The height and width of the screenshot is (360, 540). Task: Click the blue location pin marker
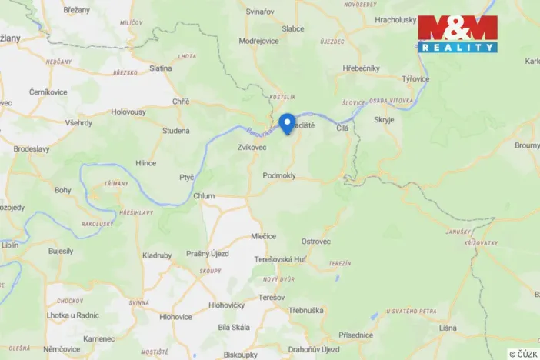pyautogui.click(x=287, y=123)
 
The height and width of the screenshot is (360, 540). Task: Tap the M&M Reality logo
pyautogui.click(x=457, y=34)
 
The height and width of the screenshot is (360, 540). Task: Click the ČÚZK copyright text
pyautogui.click(x=523, y=354)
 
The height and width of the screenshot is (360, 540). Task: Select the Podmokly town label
pyautogui.click(x=279, y=175)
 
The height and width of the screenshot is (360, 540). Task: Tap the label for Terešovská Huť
pyautogui.click(x=280, y=259)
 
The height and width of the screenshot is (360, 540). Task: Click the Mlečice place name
pyautogui.click(x=264, y=236)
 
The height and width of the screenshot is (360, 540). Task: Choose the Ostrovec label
pyautogui.click(x=315, y=242)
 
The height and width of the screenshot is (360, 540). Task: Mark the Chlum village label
pyautogui.click(x=204, y=196)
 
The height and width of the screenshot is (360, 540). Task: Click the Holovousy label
pyautogui.click(x=128, y=111)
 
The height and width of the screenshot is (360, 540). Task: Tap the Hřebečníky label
pyautogui.click(x=362, y=68)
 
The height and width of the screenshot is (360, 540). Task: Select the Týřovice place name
pyautogui.click(x=415, y=78)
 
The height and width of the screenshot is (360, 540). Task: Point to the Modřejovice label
pyautogui.click(x=258, y=40)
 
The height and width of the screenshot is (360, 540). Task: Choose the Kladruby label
pyautogui.click(x=157, y=255)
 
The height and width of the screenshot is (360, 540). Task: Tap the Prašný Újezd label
pyautogui.click(x=208, y=255)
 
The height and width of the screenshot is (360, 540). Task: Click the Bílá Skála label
pyautogui.click(x=235, y=327)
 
